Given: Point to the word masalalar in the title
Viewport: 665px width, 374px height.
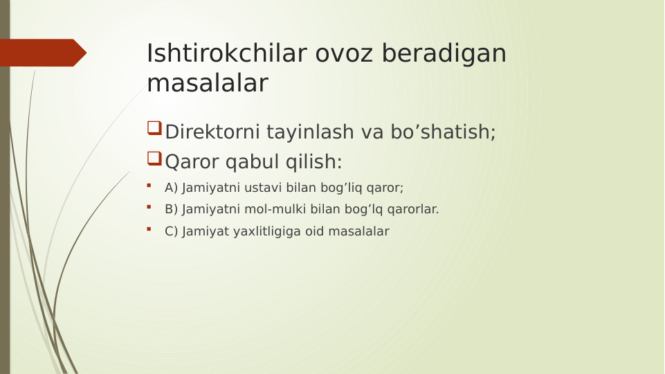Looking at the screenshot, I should [207, 83].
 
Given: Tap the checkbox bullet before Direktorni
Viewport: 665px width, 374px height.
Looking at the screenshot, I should [154, 128].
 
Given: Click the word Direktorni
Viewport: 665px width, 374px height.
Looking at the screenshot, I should [212, 132].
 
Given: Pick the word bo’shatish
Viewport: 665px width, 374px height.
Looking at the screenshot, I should [443, 132].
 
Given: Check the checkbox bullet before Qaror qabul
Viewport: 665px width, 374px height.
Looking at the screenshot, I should [154, 159].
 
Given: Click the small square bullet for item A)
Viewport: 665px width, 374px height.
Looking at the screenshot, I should [149, 186].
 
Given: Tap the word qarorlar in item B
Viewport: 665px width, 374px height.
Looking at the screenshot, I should [412, 209].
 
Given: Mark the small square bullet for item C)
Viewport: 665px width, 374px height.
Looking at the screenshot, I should [149, 229].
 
